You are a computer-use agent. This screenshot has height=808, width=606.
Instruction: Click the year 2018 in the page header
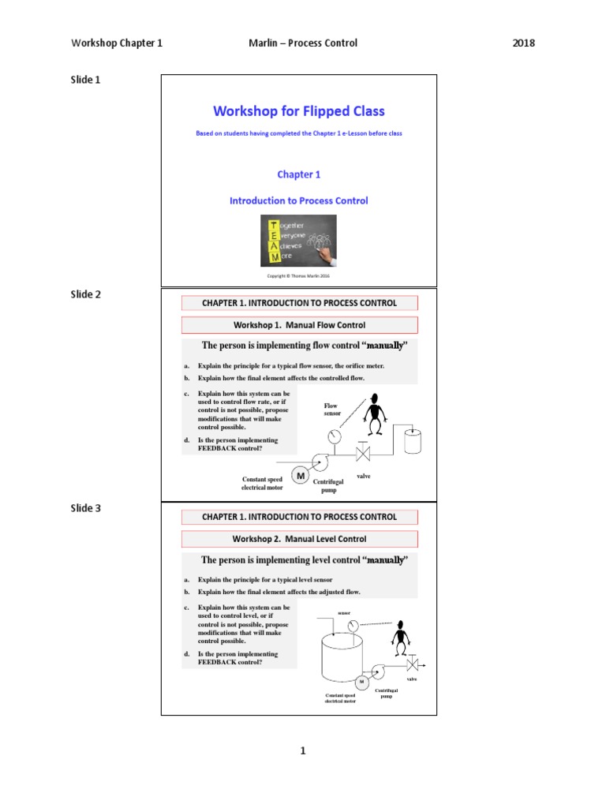click(x=523, y=43)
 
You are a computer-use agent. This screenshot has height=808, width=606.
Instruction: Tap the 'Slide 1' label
click(x=85, y=80)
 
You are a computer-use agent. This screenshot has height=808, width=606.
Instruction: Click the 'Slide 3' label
click(x=85, y=508)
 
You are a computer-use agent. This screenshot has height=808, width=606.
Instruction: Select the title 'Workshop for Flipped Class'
click(x=299, y=111)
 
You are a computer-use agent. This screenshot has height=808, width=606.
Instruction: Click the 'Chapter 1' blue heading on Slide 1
click(x=298, y=174)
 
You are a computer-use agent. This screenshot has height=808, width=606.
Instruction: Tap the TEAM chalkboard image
click(x=298, y=240)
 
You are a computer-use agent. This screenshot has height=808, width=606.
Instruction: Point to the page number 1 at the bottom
click(x=302, y=750)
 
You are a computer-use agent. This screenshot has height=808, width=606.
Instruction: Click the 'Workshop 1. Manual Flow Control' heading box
click(x=299, y=325)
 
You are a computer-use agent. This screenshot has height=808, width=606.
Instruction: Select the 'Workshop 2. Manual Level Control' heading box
click(x=299, y=539)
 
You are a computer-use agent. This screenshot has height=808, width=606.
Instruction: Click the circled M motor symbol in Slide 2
click(x=300, y=475)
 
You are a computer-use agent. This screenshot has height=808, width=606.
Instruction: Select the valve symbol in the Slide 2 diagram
click(x=364, y=454)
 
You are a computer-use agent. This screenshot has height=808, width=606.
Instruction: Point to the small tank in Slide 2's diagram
click(x=413, y=440)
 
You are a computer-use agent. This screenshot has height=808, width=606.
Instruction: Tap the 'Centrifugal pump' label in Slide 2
click(x=328, y=485)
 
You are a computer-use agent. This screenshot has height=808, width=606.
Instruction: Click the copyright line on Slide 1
click(x=298, y=277)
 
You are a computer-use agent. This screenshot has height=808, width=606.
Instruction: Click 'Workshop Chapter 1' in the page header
click(x=117, y=43)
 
